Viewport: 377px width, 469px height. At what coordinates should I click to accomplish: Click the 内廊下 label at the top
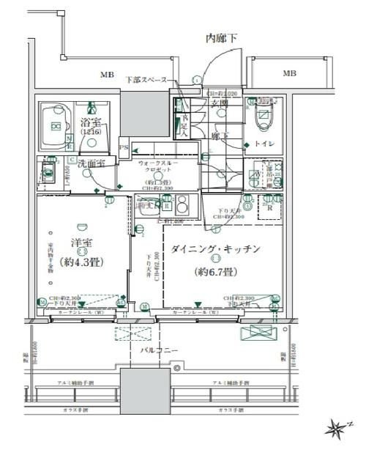click(x=220, y=38)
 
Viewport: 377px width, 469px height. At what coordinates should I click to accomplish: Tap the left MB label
click(x=107, y=75)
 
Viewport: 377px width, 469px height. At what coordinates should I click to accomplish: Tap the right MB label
click(x=290, y=73)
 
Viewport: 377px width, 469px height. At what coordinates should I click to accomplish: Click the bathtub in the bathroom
click(x=56, y=127)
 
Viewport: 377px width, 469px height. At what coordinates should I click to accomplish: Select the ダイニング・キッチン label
click(x=215, y=249)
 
